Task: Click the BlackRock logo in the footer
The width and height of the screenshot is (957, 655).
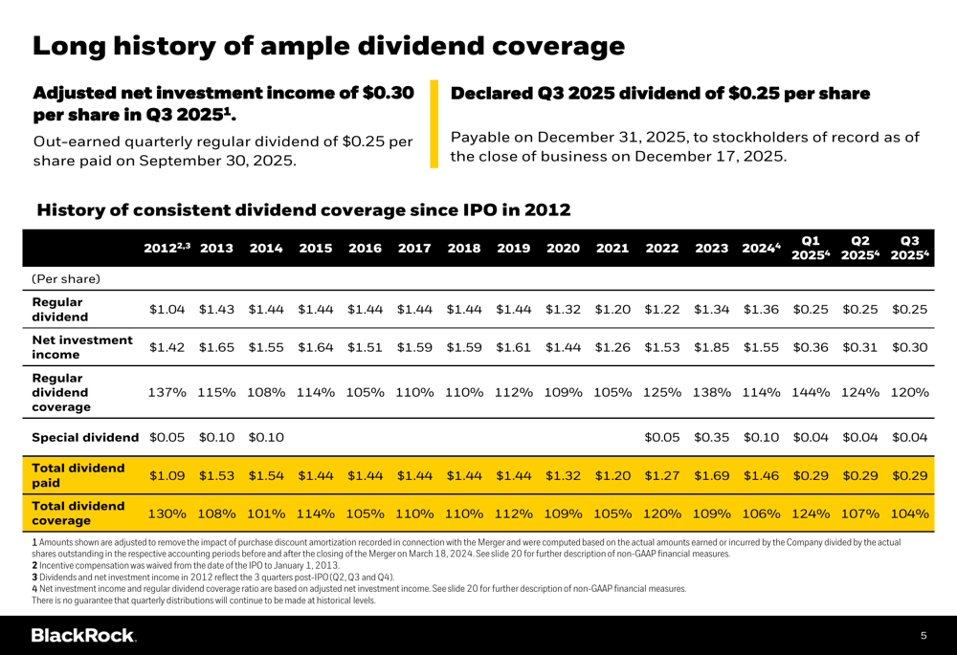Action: click(83, 636)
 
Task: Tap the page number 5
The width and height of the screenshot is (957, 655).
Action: click(924, 636)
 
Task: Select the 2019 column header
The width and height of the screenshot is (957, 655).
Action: click(514, 249)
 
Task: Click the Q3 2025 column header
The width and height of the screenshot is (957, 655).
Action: click(909, 248)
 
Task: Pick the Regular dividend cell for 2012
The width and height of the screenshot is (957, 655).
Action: click(167, 309)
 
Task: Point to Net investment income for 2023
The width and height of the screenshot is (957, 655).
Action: click(712, 348)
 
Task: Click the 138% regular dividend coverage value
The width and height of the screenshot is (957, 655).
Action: click(712, 393)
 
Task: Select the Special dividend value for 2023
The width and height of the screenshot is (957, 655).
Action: click(712, 437)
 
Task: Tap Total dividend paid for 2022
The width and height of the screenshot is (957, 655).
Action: click(662, 475)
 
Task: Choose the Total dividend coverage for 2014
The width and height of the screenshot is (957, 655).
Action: click(266, 513)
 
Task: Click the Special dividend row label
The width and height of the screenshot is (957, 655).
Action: click(85, 437)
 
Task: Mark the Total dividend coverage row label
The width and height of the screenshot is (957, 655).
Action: click(78, 513)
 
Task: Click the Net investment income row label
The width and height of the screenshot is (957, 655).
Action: click(82, 348)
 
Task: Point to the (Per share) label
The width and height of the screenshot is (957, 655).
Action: click(67, 279)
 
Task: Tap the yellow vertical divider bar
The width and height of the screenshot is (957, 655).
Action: click(434, 124)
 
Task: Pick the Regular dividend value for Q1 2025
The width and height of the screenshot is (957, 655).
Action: click(811, 309)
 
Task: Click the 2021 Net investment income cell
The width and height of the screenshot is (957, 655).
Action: click(612, 348)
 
